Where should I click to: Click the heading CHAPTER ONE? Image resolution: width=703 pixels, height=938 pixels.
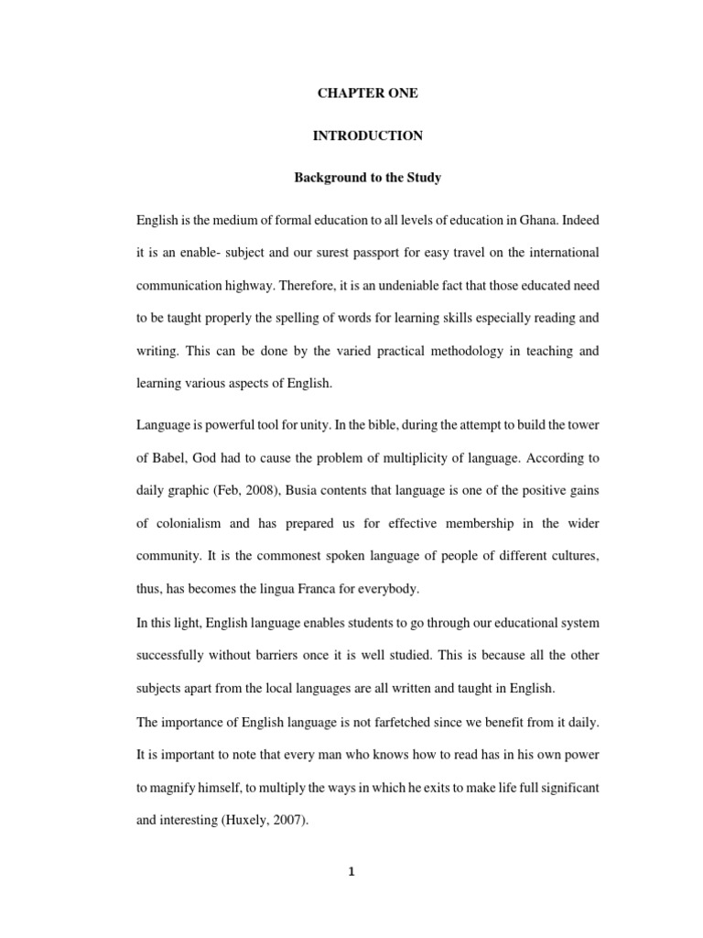(367, 94)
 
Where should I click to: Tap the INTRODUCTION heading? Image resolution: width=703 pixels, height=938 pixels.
(367, 136)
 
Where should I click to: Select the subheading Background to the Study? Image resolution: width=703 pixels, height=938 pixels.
(367, 177)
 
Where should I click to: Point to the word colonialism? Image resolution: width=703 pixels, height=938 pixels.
(189, 524)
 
